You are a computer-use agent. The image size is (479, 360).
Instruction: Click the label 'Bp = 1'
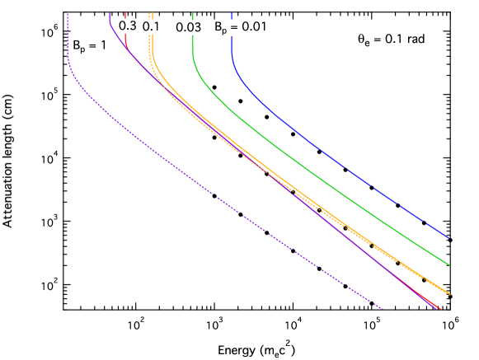click(x=86, y=47)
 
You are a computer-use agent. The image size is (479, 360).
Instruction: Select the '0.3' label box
click(x=128, y=26)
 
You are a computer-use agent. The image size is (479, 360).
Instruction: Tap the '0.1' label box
click(x=152, y=27)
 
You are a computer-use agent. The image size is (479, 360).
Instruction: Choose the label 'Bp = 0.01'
click(x=241, y=27)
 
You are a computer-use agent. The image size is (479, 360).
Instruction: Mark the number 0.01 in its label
click(x=253, y=27)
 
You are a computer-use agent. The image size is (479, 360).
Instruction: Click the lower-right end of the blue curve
click(x=448, y=237)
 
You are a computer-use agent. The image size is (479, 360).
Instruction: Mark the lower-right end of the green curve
click(x=449, y=265)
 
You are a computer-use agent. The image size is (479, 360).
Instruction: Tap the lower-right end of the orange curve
click(x=450, y=293)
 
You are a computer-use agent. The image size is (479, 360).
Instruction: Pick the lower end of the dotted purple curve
click(x=384, y=311)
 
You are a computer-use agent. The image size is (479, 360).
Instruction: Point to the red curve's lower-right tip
click(x=441, y=309)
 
